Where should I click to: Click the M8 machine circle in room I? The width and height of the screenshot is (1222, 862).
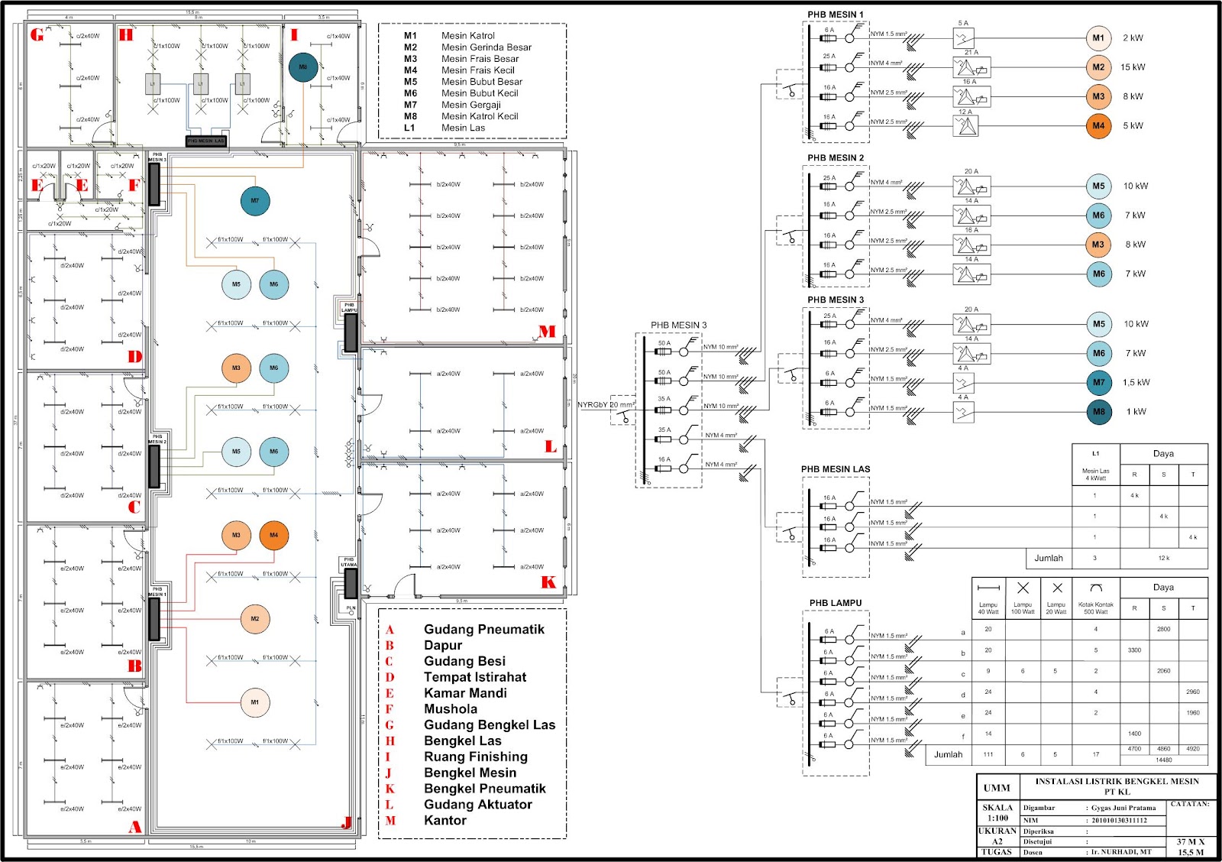(x=303, y=67)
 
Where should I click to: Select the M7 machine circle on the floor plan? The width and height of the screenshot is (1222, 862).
(x=255, y=201)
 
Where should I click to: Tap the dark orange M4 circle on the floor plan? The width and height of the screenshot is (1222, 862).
(x=274, y=535)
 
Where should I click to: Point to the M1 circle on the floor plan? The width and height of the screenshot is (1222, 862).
(x=255, y=702)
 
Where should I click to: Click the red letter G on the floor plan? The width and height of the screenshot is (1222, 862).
(x=37, y=35)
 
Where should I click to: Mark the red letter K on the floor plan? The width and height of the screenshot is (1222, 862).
(x=548, y=582)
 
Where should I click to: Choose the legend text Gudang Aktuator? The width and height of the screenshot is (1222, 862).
(x=477, y=804)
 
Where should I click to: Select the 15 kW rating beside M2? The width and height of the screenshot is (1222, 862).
(x=1133, y=67)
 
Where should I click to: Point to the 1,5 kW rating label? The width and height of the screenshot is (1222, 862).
(x=1136, y=382)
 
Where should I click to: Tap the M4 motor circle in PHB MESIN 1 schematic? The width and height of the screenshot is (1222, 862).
(x=1098, y=126)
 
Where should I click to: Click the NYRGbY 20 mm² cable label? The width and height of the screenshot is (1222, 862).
(x=606, y=405)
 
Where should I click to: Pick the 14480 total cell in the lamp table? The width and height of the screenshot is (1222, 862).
(x=1163, y=760)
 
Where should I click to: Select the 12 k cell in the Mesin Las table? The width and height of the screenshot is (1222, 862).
(x=1163, y=558)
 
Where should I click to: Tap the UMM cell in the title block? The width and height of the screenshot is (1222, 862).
(x=997, y=788)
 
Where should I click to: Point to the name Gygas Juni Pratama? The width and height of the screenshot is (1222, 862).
(x=1123, y=808)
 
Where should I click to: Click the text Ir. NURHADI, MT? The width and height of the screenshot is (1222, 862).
(x=1120, y=851)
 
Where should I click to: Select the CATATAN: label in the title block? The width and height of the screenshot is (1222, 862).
(x=1190, y=804)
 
